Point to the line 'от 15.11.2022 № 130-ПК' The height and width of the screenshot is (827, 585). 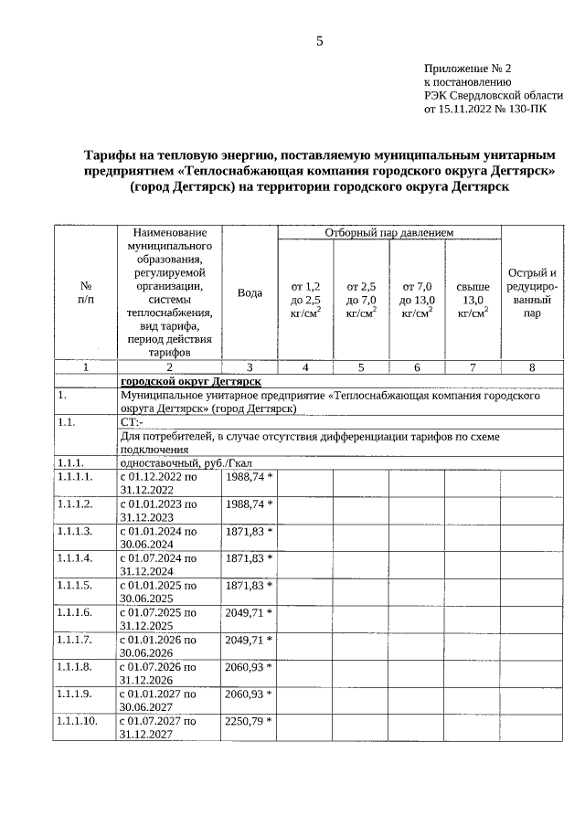point(486,108)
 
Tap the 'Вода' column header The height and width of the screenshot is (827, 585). point(250,292)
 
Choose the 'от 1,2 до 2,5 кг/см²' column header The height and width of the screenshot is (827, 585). point(305,300)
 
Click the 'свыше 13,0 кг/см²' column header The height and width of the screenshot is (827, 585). point(472,300)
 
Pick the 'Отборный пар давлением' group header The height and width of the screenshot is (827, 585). point(388,233)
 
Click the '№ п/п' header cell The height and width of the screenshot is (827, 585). point(85,292)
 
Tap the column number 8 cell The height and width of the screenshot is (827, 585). point(531,366)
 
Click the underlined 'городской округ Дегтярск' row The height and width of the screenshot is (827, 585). point(190,380)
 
